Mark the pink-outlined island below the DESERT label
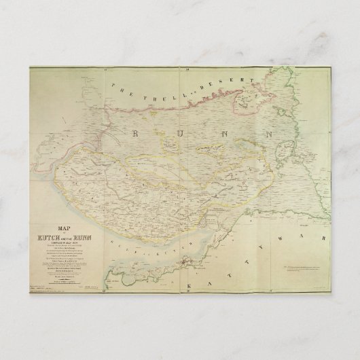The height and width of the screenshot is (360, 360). pyautogui.click(x=241, y=103)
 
